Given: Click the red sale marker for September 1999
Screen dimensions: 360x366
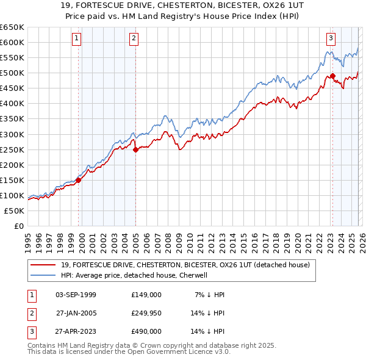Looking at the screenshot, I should (x=79, y=180).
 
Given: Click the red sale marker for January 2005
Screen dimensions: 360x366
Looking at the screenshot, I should (x=135, y=149).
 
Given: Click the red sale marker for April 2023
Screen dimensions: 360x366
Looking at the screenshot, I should (x=332, y=76).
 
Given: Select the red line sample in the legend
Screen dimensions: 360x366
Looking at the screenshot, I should (x=44, y=265).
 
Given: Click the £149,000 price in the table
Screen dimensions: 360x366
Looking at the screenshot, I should (x=146, y=295).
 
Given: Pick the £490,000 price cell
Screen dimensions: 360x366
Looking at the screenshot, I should (x=146, y=331).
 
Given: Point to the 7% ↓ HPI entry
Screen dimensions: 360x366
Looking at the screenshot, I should (x=209, y=295).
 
